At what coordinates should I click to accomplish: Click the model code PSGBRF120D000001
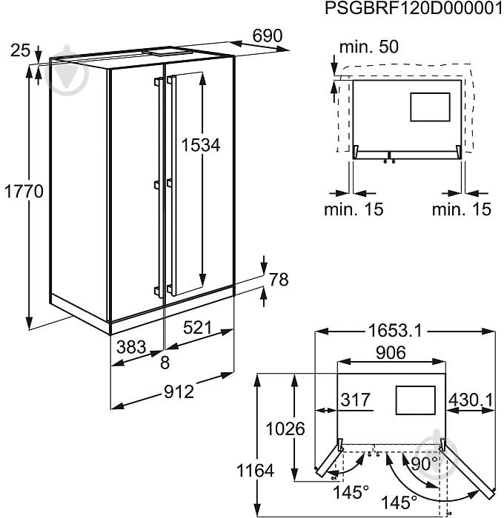coord(410,9)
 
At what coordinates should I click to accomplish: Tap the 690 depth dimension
coord(268,36)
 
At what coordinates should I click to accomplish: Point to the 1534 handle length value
coord(202,145)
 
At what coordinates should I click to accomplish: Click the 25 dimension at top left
coord(21,50)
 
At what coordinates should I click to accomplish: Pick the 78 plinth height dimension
coord(278,280)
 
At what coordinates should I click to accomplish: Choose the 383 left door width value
coord(130,346)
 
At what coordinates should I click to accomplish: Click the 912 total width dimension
coord(178,391)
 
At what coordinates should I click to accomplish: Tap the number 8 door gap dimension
coord(165,363)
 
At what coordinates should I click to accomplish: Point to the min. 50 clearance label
coord(368,47)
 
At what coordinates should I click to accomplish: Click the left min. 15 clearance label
coord(354,209)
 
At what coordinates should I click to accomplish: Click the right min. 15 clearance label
coord(461,209)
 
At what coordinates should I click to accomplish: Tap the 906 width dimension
coord(391,353)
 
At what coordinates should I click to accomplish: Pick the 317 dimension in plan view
coord(355,400)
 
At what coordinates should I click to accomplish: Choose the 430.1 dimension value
coord(471,400)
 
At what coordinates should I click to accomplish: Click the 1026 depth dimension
coord(285,429)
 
